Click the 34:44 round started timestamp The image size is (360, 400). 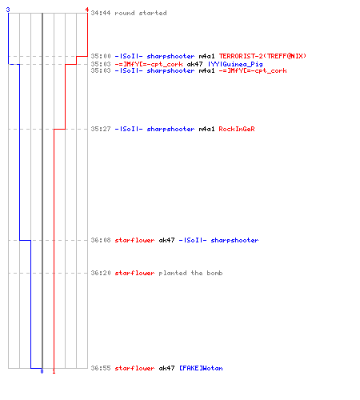coord(101,13)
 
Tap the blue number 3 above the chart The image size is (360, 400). coord(8,10)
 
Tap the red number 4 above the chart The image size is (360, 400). coord(87,10)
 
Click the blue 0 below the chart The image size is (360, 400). coord(42,371)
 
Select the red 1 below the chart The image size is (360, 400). coord(54,371)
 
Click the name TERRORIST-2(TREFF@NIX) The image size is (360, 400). coord(262,56)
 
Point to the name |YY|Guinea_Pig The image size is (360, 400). coord(235,64)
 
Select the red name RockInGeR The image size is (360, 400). coord(237,129)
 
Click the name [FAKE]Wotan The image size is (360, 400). coord(201,368)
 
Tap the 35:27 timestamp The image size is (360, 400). coord(101,129)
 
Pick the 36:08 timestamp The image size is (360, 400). coord(101,240)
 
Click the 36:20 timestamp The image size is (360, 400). coord(101,273)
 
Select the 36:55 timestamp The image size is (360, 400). coord(101,368)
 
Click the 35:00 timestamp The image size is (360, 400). coord(101,56)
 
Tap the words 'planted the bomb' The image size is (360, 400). coord(190,273)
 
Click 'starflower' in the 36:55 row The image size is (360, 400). coord(134,368)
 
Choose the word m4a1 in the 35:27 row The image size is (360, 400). coord(206,129)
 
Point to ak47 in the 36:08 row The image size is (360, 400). coord(166,240)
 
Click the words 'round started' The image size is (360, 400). coord(141,13)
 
